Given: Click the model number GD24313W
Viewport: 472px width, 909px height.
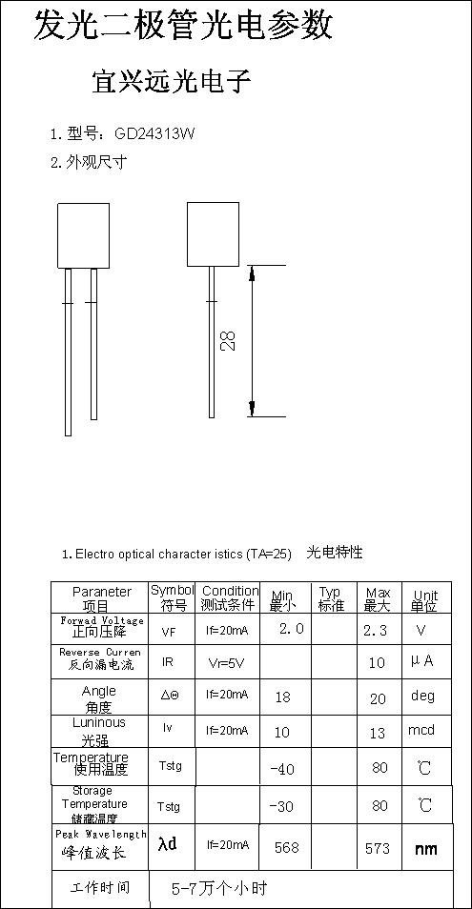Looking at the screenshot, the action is [x=154, y=134].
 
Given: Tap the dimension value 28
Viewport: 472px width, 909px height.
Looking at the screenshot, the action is [x=228, y=341].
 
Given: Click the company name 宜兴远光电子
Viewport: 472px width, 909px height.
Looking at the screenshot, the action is [x=171, y=82].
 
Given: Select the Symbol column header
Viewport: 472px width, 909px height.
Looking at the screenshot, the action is [x=173, y=597].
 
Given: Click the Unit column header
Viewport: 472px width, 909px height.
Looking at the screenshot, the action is [x=425, y=600].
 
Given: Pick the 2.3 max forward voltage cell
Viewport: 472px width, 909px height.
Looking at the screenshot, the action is [x=375, y=630].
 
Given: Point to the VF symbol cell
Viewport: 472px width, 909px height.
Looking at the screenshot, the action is [x=169, y=632].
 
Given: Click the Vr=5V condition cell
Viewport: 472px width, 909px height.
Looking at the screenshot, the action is [x=227, y=662].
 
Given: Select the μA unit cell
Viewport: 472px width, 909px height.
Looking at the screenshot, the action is [x=422, y=661].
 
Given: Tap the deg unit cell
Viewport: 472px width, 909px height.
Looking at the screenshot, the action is [x=422, y=695].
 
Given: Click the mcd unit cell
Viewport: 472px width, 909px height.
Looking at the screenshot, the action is [x=421, y=729].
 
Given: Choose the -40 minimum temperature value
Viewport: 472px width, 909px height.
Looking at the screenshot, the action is [x=282, y=769].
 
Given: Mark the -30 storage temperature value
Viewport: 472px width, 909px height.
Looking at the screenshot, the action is [x=281, y=806].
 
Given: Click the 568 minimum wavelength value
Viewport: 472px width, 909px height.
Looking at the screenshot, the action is [x=286, y=848].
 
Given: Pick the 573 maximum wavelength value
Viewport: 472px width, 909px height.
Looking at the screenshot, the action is [x=378, y=849].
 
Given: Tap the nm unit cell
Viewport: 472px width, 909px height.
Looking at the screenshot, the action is [x=425, y=849].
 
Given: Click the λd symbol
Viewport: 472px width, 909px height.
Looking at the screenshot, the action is [x=167, y=843].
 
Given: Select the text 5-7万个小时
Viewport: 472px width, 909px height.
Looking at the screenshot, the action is [x=219, y=888].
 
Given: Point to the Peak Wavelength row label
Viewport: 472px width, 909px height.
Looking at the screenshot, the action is [x=101, y=835].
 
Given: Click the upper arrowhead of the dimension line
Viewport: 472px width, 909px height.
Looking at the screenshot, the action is [x=252, y=273].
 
